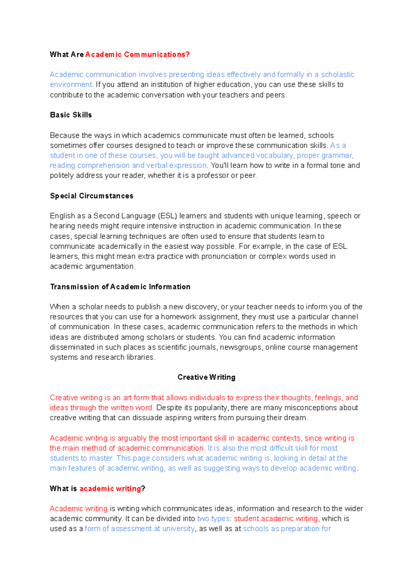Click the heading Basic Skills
pos(71,115)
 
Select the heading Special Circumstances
pos(91,196)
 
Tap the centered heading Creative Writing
pos(206,377)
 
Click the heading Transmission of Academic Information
pos(120,287)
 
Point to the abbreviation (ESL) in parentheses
pos(168,216)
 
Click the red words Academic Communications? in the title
pos(137,54)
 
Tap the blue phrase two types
pos(213,518)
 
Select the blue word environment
pos(71,84)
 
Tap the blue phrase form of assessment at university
pos(139,528)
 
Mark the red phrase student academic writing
pos(276,518)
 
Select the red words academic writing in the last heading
pos(110,489)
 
